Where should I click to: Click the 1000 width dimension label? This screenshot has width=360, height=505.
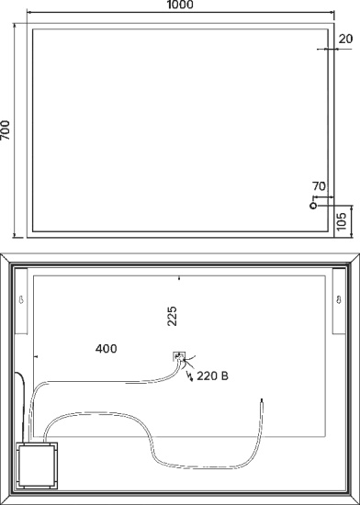(180, 5)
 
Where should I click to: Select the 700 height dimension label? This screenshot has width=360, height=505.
(5, 130)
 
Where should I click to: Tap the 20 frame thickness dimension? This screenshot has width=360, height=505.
(346, 39)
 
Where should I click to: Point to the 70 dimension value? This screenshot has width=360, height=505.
(319, 186)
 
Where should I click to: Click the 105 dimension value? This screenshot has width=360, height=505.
(342, 221)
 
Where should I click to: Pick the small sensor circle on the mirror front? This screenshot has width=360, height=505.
(313, 206)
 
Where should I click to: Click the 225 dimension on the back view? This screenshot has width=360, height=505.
(173, 316)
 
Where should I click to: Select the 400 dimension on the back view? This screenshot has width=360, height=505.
(107, 349)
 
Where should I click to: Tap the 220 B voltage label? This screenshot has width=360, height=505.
(212, 376)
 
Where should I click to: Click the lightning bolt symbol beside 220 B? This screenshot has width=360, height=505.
(190, 376)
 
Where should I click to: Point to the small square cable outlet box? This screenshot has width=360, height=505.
(179, 356)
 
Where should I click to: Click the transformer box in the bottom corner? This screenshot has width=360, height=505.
(37, 466)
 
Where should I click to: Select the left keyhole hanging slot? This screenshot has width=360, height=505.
(21, 300)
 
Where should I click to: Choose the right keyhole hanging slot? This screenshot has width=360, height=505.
(339, 300)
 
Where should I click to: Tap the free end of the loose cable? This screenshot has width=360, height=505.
(262, 400)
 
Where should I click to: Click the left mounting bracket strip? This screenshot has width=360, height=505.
(21, 301)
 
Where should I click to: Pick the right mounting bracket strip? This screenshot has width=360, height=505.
(339, 301)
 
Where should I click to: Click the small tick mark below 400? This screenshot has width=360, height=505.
(36, 356)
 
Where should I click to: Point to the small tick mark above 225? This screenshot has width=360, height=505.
(179, 278)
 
